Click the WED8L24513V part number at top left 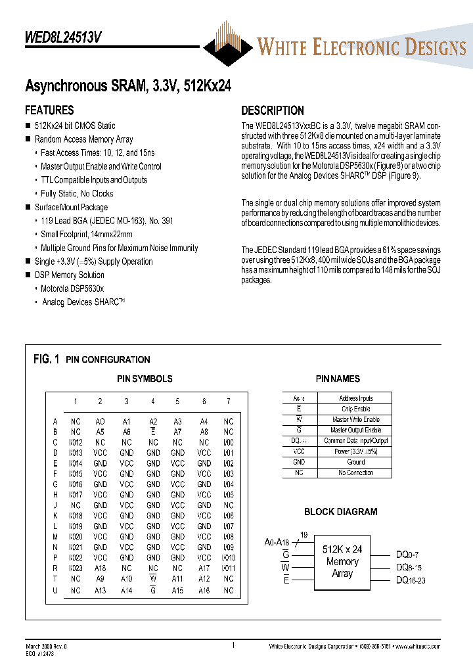click(63, 38)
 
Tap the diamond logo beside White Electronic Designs click(227, 45)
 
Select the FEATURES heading click(49, 110)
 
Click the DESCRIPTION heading click(272, 110)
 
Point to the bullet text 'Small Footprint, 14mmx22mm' click(86, 235)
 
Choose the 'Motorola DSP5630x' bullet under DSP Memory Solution click(72, 288)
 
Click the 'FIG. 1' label click(46, 359)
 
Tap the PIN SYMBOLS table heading click(145, 378)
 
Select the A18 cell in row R click(100, 568)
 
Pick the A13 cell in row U click(100, 591)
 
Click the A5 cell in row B click(100, 432)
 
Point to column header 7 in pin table click(228, 401)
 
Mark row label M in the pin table click(55, 536)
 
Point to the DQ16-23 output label click(411, 580)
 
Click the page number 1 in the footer click(233, 645)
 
